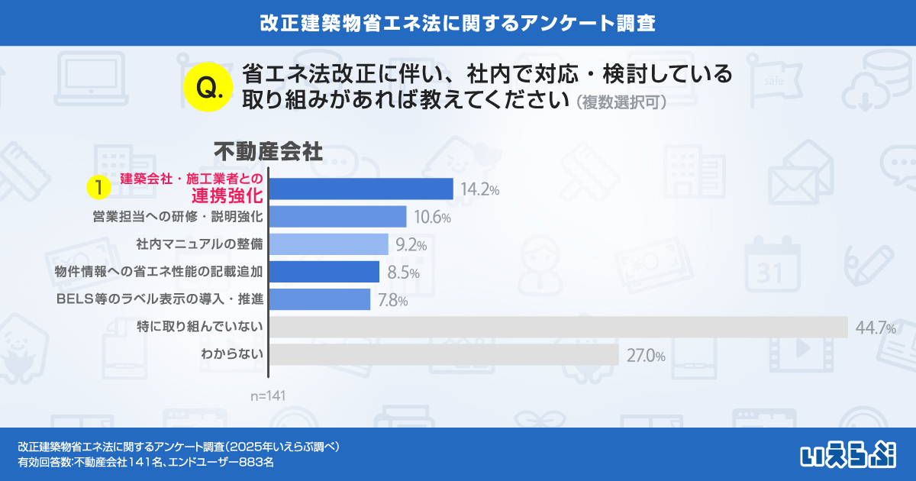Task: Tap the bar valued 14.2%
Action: pyautogui.click(x=362, y=189)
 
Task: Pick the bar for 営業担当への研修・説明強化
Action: pyautogui.click(x=338, y=217)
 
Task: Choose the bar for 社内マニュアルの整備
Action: pyautogui.click(x=330, y=244)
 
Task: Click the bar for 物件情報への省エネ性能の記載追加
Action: pyautogui.click(x=325, y=272)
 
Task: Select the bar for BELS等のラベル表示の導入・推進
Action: pyautogui.click(x=321, y=299)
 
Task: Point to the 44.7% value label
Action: pyautogui.click(x=874, y=328)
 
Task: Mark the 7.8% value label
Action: pyautogui.click(x=392, y=300)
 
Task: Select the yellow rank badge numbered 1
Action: pyautogui.click(x=98, y=187)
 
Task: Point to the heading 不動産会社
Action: pyautogui.click(x=267, y=150)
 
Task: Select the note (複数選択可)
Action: pyautogui.click(x=622, y=102)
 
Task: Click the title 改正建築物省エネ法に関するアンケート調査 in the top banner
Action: pyautogui.click(x=457, y=22)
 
